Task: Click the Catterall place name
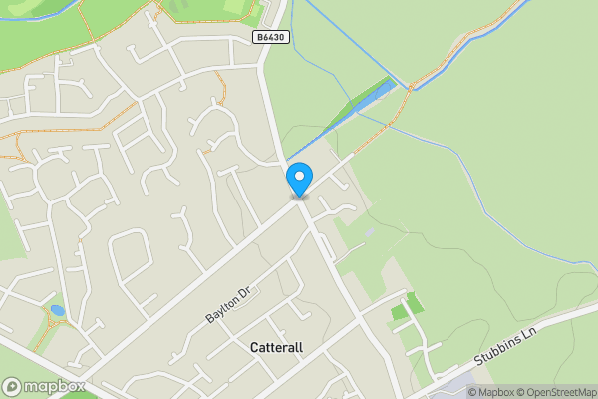278,348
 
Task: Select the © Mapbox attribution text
491,392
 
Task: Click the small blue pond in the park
57,311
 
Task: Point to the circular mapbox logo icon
12,387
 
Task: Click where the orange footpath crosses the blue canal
410,87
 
